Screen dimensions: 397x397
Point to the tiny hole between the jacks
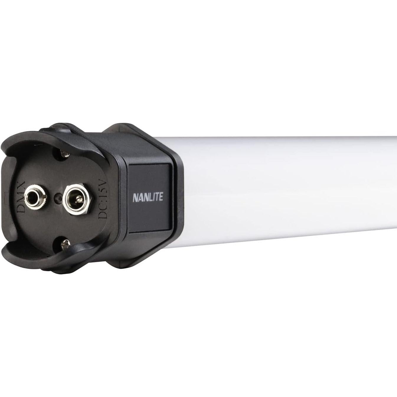56,197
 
